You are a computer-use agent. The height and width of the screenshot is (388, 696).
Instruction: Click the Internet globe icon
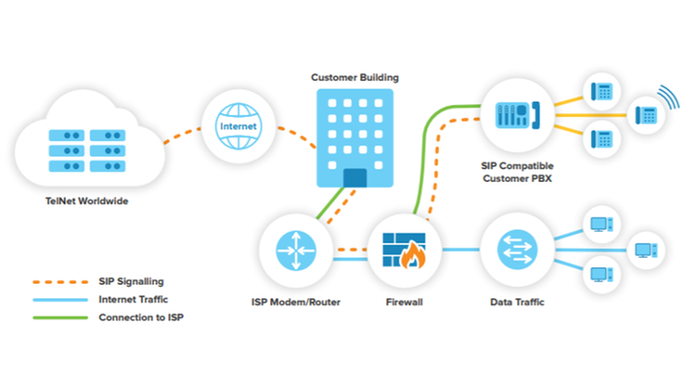238,126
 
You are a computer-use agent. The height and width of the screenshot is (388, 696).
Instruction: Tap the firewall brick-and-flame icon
404,251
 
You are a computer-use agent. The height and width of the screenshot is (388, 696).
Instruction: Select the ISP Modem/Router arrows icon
296,251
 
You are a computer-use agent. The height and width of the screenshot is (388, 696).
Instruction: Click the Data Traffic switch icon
517,250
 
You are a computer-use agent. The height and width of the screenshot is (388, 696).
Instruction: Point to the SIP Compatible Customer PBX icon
517,115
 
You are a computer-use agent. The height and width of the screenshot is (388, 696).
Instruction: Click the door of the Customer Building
354,177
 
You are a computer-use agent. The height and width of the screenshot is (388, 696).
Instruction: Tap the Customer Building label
354,78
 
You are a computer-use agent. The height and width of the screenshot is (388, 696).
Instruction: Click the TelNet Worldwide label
87,201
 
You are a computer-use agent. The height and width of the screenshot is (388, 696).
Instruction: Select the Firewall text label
404,303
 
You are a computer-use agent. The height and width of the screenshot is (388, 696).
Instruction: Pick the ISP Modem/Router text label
296,303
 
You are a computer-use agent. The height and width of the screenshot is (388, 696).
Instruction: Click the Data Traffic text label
517,303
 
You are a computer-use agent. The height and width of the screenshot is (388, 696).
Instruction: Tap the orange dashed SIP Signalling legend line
60,282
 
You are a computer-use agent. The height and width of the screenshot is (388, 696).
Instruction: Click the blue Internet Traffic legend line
60,300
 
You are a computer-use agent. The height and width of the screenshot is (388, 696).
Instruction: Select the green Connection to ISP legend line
60,317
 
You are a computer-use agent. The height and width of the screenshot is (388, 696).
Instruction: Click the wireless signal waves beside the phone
669,97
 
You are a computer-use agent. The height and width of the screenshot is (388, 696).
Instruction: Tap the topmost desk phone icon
602,92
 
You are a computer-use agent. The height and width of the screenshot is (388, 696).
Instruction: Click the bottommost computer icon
601,275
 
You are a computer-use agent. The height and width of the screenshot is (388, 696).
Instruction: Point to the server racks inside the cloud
87,150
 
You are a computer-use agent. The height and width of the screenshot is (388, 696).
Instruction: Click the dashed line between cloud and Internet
182,136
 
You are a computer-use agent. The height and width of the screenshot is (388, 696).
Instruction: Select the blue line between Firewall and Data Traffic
460,250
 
